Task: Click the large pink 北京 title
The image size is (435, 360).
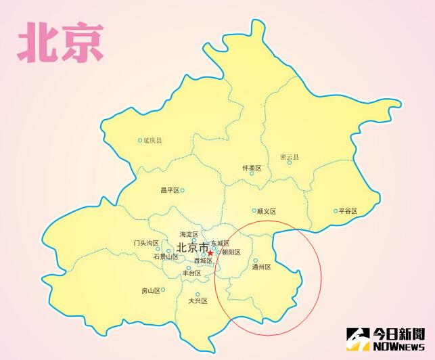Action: pyautogui.click(x=61, y=42)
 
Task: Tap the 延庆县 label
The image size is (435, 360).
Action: pyautogui.click(x=153, y=141)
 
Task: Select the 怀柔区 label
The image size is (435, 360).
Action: pyautogui.click(x=251, y=168)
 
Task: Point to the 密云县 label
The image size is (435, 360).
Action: pyautogui.click(x=289, y=157)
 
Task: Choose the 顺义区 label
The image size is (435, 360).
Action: pyautogui.click(x=267, y=211)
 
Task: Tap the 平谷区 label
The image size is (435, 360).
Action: pyautogui.click(x=348, y=211)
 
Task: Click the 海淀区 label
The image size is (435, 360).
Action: pyautogui.click(x=189, y=234)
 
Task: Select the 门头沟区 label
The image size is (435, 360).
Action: pyautogui.click(x=146, y=243)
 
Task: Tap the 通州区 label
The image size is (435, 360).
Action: pyautogui.click(x=261, y=267)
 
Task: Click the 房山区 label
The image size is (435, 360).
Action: pyautogui.click(x=150, y=291)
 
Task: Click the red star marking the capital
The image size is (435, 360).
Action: pyautogui.click(x=210, y=253)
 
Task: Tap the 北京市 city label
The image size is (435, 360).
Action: pyautogui.click(x=192, y=247)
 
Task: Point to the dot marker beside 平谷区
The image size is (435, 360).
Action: pyautogui.click(x=335, y=211)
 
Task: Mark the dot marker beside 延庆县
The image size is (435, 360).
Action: pyautogui.click(x=140, y=141)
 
